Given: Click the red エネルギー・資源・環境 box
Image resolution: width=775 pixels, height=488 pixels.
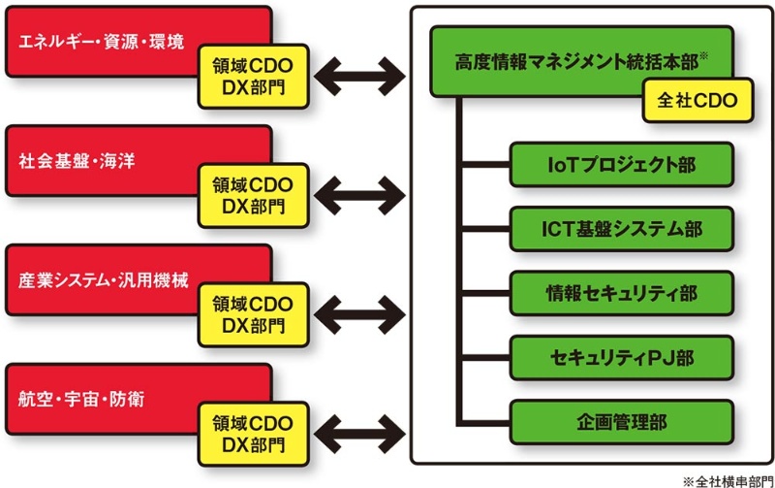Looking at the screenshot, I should coord(97,39).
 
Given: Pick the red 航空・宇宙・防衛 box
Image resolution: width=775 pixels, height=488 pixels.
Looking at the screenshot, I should coord(97,398).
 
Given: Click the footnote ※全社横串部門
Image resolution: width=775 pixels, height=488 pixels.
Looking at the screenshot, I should coord(728,479).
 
